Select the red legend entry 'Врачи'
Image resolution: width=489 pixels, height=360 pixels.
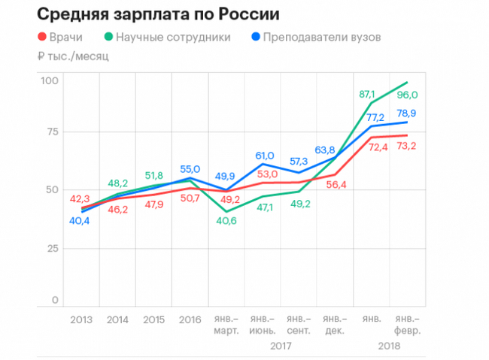62,36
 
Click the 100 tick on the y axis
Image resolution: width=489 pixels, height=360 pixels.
50,80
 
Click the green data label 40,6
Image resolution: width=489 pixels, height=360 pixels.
226,221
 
